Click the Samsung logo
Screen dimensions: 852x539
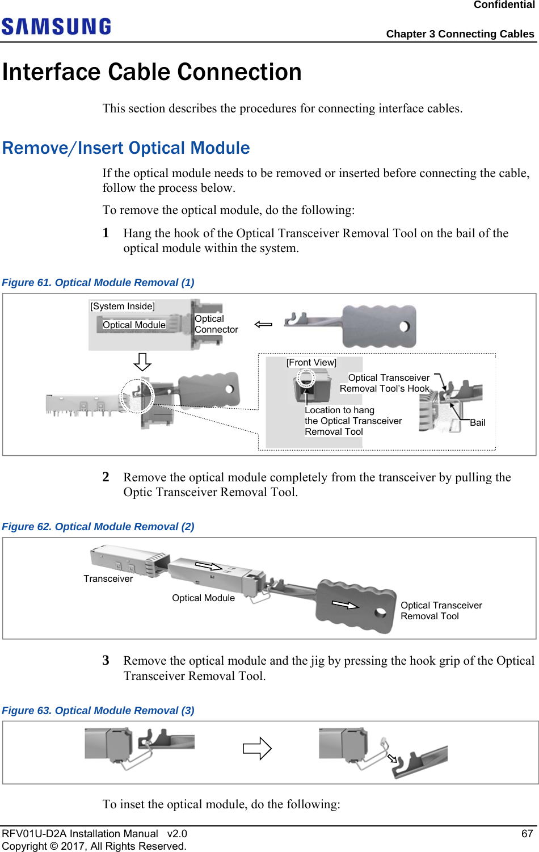point(56,27)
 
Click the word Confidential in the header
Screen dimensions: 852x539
point(504,5)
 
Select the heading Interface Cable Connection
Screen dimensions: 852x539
point(152,72)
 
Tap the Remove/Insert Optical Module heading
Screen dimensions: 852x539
point(126,148)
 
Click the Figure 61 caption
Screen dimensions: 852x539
point(98,283)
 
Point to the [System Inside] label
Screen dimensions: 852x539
point(123,306)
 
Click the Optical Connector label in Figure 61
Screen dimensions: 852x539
point(216,324)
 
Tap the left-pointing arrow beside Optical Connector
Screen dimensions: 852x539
point(263,324)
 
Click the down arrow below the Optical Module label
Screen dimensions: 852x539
point(142,362)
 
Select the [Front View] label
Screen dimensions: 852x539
point(311,362)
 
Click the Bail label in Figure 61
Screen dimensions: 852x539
point(477,422)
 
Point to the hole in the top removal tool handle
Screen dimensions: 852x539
point(405,326)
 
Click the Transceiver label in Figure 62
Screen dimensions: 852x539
point(108,578)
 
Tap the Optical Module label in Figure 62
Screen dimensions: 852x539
point(203,598)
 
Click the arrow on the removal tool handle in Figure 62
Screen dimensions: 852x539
point(345,605)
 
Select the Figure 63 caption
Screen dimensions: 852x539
point(98,711)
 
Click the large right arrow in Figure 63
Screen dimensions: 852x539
point(257,748)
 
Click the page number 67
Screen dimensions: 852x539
point(527,833)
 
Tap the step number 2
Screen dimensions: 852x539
point(106,477)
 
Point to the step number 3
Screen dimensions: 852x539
point(106,660)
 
